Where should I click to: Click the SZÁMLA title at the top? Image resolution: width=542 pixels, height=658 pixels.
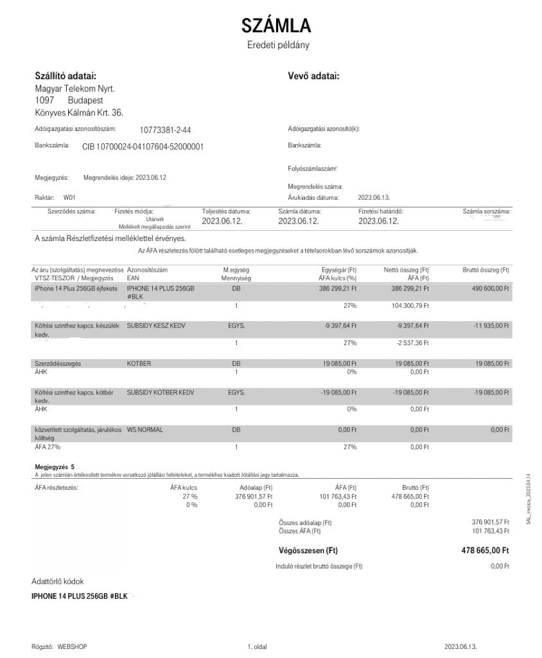[276, 26]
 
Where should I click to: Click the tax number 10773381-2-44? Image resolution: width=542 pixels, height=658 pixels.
[165, 129]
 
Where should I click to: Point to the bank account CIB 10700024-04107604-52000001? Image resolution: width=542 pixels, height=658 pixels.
[143, 147]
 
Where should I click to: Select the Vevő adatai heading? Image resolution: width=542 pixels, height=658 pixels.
[313, 76]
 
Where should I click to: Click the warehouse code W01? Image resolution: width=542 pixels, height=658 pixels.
[69, 198]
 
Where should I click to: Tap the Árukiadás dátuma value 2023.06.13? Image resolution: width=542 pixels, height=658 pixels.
[374, 198]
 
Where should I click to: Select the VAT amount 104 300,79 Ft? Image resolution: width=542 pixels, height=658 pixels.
[408, 307]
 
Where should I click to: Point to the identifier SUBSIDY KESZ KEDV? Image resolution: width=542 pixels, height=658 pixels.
[156, 326]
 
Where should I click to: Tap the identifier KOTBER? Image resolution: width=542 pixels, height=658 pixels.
[139, 363]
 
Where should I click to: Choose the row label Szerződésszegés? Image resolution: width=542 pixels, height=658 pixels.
[57, 363]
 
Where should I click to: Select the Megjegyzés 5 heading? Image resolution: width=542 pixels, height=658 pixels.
[55, 467]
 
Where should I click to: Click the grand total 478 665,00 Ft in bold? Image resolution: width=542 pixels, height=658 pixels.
[485, 550]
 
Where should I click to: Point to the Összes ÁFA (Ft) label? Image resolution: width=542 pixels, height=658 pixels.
[300, 531]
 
